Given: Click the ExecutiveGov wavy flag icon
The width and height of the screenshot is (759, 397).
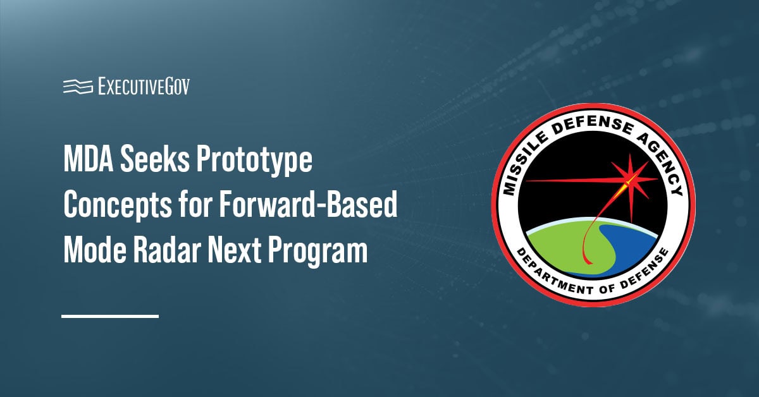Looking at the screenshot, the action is point(78,87).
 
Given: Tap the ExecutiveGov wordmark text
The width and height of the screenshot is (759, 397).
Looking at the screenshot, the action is point(144,87).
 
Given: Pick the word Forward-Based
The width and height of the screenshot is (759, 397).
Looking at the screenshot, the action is point(309,205).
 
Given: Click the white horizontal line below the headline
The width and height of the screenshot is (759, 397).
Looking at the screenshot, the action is point(110,316).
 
